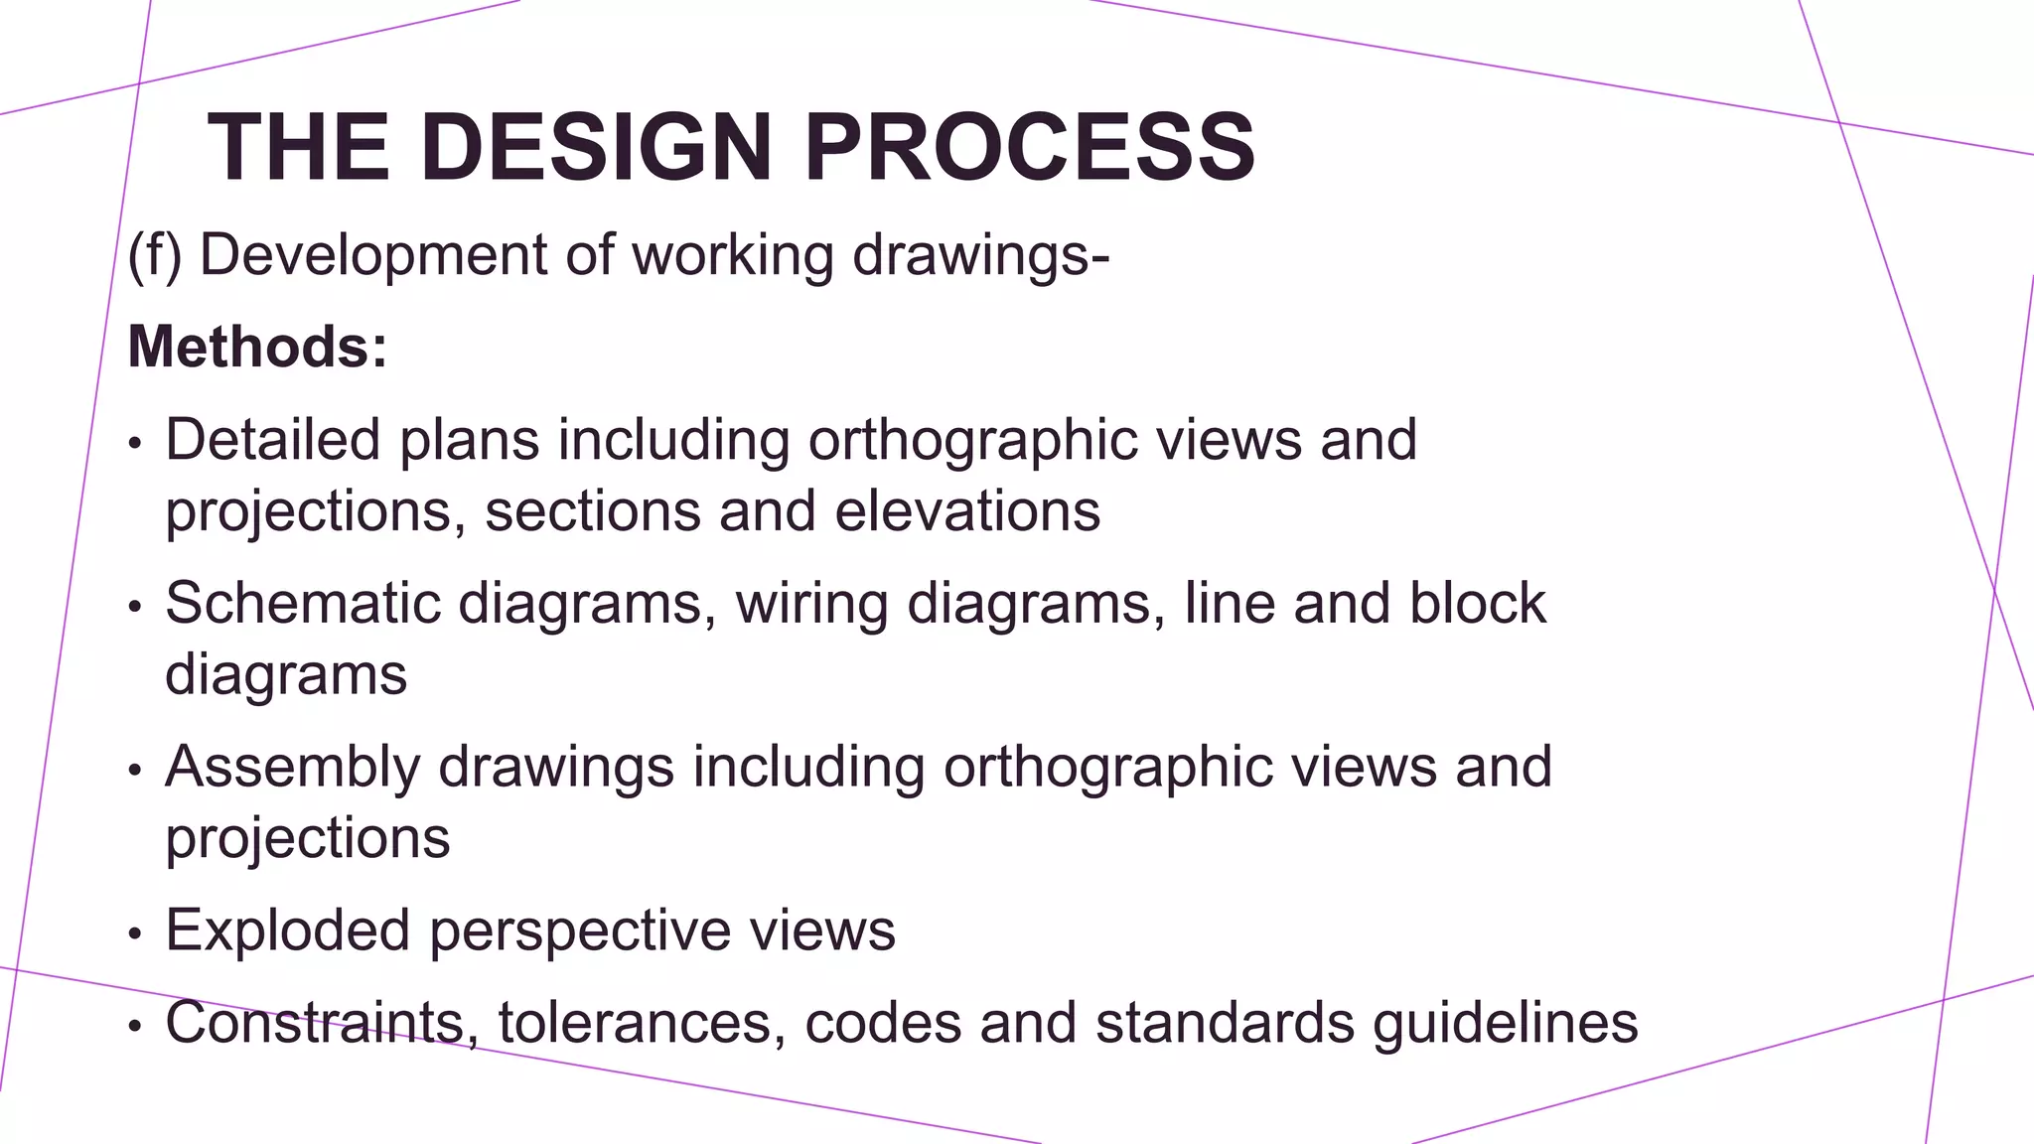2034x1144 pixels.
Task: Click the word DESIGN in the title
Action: (x=596, y=147)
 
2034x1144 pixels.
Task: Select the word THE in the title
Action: (x=298, y=147)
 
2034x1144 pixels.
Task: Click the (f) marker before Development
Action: (x=155, y=255)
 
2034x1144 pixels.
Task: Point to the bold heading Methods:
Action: (x=257, y=347)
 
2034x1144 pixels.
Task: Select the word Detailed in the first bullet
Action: (x=272, y=439)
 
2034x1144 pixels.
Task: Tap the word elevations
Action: (x=967, y=510)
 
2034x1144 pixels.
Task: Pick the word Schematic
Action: (x=302, y=603)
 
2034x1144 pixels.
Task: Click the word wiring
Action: (x=811, y=603)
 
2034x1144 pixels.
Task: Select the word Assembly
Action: (x=292, y=767)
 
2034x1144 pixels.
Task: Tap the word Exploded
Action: (x=288, y=930)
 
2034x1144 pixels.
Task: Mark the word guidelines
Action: (x=1505, y=1022)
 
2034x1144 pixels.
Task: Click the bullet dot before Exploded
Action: (x=136, y=934)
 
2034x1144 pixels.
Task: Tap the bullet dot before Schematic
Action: (x=136, y=607)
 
